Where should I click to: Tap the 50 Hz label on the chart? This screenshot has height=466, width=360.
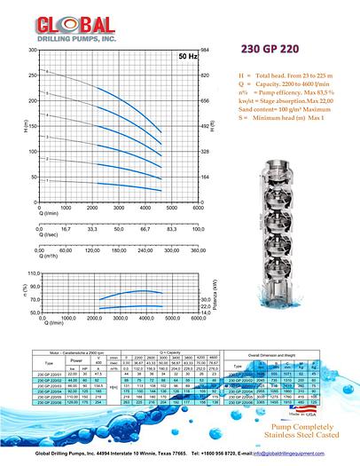[187, 56]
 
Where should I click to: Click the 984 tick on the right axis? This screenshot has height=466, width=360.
[207, 50]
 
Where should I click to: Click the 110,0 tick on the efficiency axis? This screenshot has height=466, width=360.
[35, 274]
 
